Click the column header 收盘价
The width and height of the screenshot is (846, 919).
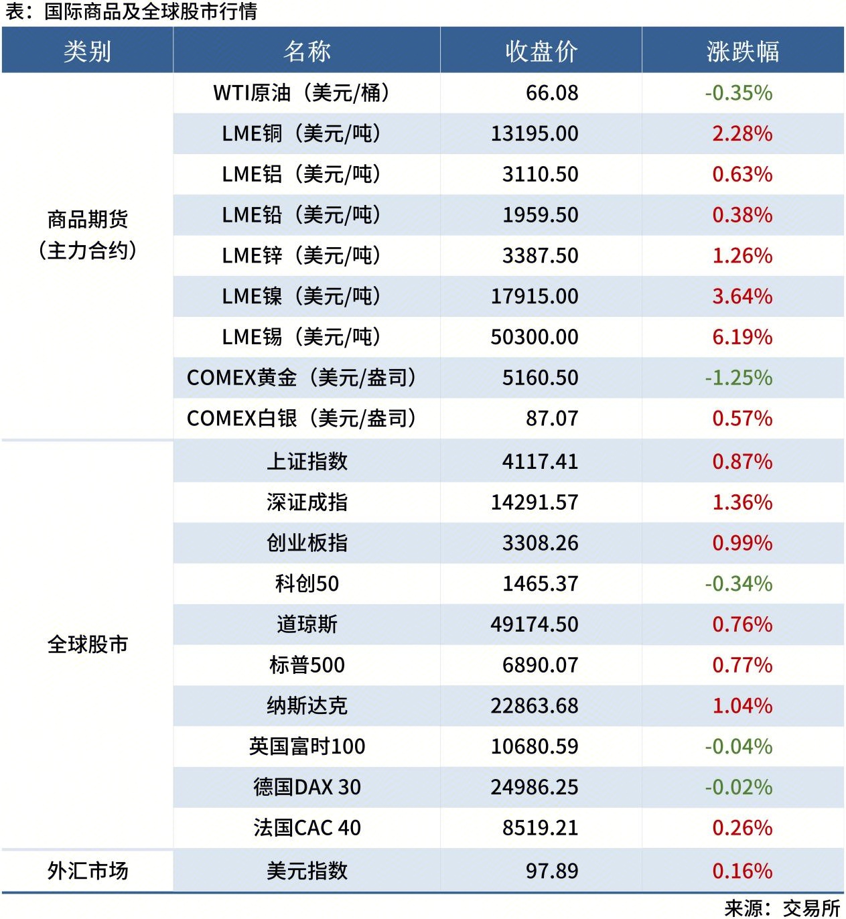pos(541,52)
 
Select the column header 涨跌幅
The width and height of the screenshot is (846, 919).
pos(742,52)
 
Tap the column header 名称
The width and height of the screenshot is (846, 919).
pos(307,52)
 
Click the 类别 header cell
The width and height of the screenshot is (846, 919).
pos(87,52)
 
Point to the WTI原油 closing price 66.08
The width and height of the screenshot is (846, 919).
pos(551,93)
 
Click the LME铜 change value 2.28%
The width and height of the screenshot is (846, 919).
pos(742,134)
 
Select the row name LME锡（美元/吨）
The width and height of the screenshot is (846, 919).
pos(301,337)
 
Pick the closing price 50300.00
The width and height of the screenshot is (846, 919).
pos(534,337)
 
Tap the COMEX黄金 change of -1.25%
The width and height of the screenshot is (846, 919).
pos(738,378)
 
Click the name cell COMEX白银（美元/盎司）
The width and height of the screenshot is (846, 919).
pos(301,419)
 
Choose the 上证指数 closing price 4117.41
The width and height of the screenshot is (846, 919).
pos(540,462)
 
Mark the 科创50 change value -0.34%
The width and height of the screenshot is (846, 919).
pos(738,584)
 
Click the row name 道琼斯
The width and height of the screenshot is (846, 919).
pos(307,625)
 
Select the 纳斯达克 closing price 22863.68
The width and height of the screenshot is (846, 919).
pos(534,706)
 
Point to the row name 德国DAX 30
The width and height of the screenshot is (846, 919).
pos(307,787)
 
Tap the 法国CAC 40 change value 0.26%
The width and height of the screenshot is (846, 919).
pos(742,828)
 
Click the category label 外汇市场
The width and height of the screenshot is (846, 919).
pos(87,871)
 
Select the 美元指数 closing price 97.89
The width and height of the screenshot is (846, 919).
pos(551,871)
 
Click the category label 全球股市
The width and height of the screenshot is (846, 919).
pos(87,644)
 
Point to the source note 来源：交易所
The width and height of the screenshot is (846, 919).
pos(782,908)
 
